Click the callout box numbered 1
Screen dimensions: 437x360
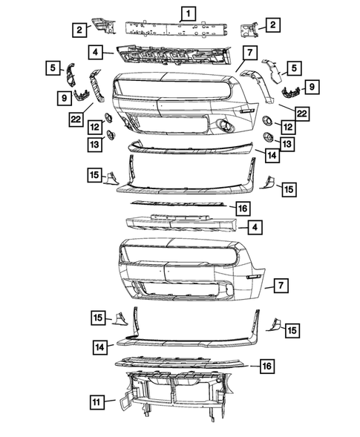click(189, 13)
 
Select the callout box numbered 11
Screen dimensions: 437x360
click(97, 402)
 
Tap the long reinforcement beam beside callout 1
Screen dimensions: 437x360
click(178, 32)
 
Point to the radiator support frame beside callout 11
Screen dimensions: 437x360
click(178, 404)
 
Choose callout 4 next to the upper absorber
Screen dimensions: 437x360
click(96, 52)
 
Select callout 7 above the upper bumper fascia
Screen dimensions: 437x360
click(248, 53)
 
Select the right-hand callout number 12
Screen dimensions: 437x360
click(285, 128)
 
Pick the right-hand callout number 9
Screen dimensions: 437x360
click(312, 88)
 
